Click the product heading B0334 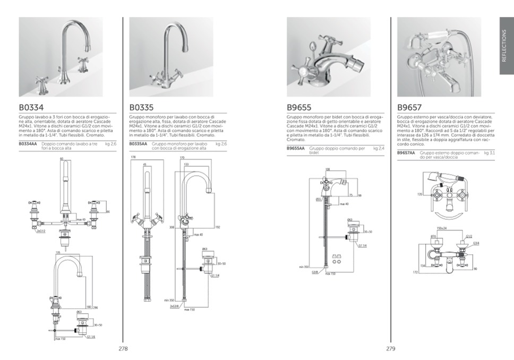(x=32, y=107)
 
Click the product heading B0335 (x=142, y=107)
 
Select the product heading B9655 (x=299, y=107)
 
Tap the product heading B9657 (x=409, y=107)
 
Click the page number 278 (x=123, y=349)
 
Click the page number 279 (x=391, y=349)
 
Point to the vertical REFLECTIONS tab (x=506, y=45)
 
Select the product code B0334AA (x=28, y=143)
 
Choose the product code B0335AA (x=138, y=143)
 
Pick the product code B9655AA (x=296, y=148)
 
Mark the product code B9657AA (x=406, y=153)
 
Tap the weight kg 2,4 (x=379, y=148)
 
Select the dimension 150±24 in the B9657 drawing (x=442, y=228)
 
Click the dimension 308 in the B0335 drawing (x=172, y=227)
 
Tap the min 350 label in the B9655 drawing (x=304, y=267)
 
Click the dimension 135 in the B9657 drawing (x=419, y=195)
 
